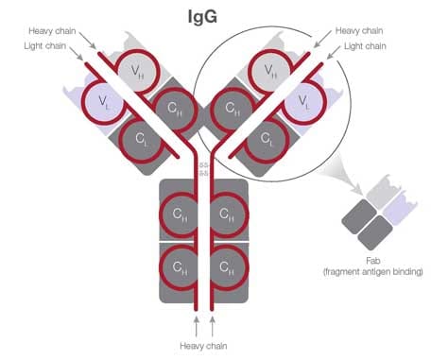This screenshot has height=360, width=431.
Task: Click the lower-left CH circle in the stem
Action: tap(179, 267)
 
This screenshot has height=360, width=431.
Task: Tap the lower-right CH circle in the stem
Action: tap(227, 267)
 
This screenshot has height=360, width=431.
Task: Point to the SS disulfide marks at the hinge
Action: tap(202, 168)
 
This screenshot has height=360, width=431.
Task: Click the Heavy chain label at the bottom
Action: tap(202, 346)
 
